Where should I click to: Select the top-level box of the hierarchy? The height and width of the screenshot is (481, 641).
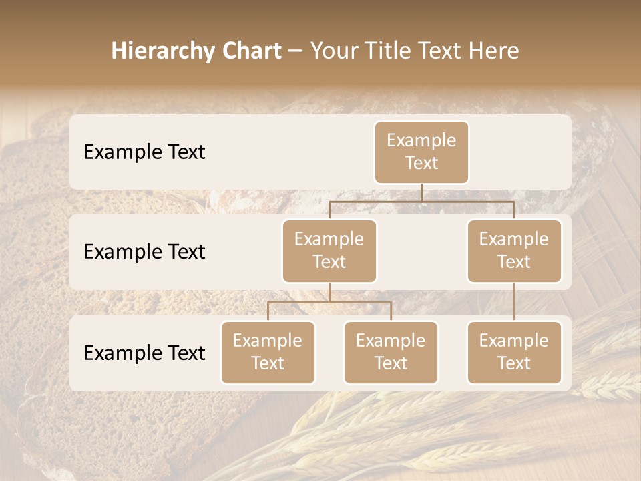point(421,152)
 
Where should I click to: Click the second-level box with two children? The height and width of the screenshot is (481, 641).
point(329,251)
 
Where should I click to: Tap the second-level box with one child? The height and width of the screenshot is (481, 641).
point(514,251)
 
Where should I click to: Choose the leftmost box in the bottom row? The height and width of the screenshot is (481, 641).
point(268,352)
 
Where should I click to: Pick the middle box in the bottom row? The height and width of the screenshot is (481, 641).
point(391,352)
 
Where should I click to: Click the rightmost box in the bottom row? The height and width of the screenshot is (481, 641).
point(514,352)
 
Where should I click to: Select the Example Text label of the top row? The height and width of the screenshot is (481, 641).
point(144,152)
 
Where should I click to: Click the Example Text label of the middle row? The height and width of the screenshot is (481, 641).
point(144,252)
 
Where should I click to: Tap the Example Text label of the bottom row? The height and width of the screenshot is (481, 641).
point(144,353)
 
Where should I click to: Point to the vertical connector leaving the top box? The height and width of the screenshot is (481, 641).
point(421,192)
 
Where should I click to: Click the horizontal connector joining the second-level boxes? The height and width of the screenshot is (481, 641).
point(421,201)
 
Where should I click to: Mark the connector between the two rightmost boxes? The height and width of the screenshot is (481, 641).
point(514,302)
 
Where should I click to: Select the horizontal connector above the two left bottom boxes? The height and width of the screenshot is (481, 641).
point(329,302)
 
